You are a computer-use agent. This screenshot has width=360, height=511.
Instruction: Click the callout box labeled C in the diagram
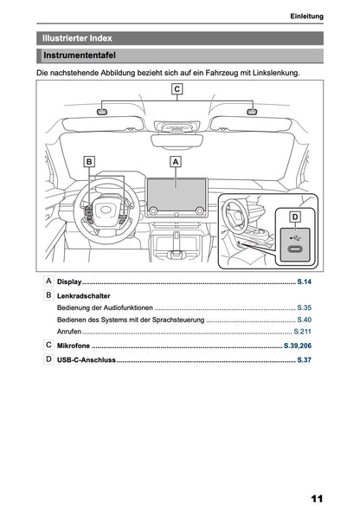(177, 89)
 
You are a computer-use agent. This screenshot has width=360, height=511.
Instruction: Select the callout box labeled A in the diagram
(176, 161)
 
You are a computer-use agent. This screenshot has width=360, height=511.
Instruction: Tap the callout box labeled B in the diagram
(88, 161)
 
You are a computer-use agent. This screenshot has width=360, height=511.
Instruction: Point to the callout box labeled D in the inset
(293, 216)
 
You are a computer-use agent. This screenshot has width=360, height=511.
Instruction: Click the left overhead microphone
(101, 111)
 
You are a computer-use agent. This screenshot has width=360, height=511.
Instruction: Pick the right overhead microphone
(252, 111)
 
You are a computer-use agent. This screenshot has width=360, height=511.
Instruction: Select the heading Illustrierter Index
(77, 38)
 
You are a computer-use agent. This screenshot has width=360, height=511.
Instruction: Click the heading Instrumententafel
(80, 56)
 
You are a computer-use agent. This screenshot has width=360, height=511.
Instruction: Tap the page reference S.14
(304, 283)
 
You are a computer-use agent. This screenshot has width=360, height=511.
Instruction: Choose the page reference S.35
(304, 308)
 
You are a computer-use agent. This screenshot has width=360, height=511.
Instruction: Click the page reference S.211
(302, 332)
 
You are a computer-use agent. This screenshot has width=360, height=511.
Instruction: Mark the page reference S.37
(304, 359)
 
